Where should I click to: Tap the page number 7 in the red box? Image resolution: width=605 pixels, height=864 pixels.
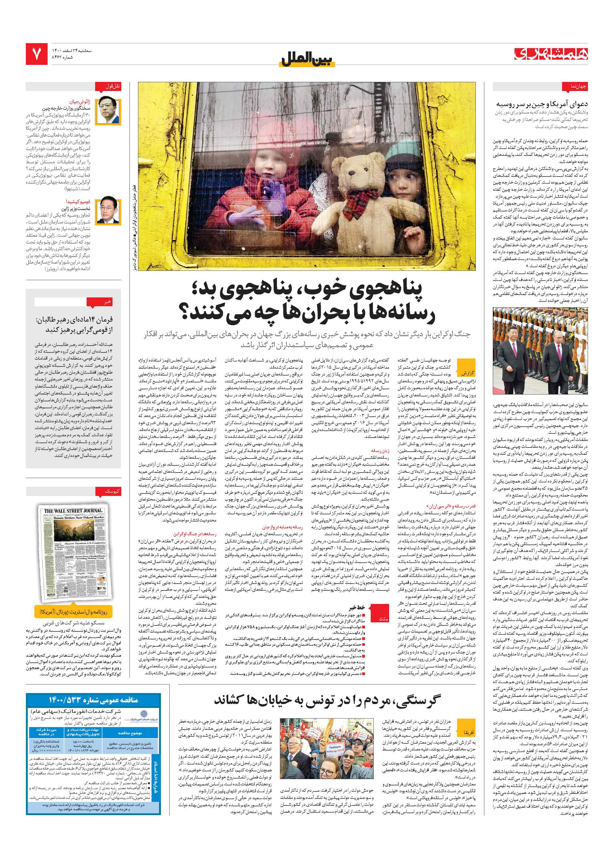coord(37,54)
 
